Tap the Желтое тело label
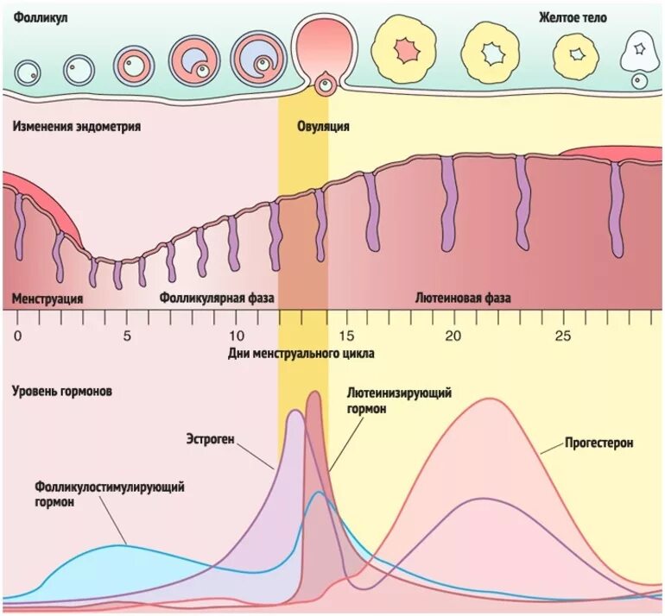click(573, 17)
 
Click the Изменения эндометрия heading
click(77, 126)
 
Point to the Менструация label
click(47, 299)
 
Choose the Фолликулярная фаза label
click(217, 299)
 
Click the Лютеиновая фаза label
click(463, 299)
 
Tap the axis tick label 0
click(18, 336)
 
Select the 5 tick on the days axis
click(127, 336)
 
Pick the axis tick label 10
click(237, 336)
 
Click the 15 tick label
click(346, 336)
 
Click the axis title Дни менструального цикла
click(301, 354)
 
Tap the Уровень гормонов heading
click(62, 391)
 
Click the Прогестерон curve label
click(599, 443)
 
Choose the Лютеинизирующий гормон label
click(400, 401)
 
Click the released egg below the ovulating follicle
click(326, 85)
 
